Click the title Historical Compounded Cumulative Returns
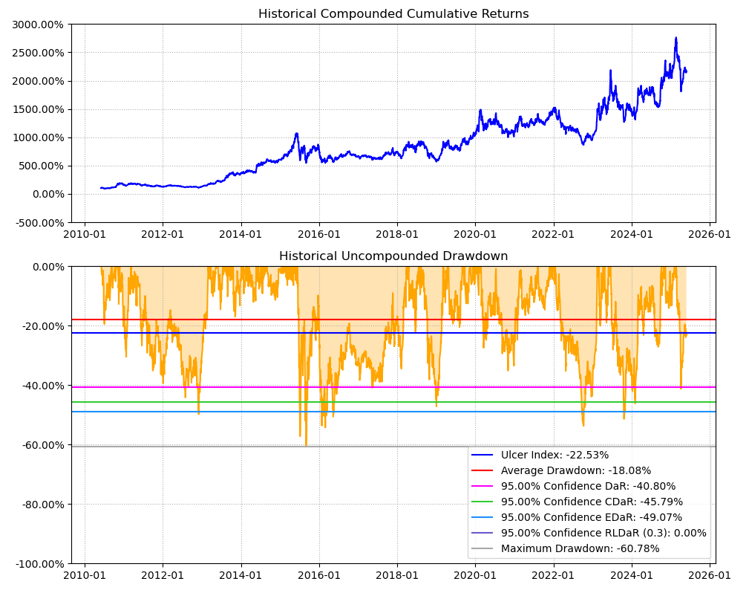tap(393, 14)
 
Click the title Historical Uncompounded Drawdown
tap(393, 256)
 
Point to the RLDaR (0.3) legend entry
tap(604, 534)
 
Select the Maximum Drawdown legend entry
tap(580, 549)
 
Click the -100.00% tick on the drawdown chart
tap(39, 564)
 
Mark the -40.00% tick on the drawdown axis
tap(42, 386)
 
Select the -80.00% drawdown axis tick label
tap(42, 505)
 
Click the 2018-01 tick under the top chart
tap(397, 234)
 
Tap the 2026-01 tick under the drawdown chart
tap(710, 575)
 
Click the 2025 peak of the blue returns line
tap(676, 38)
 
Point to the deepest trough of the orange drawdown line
tap(306, 446)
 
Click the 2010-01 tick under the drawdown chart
tap(85, 575)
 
